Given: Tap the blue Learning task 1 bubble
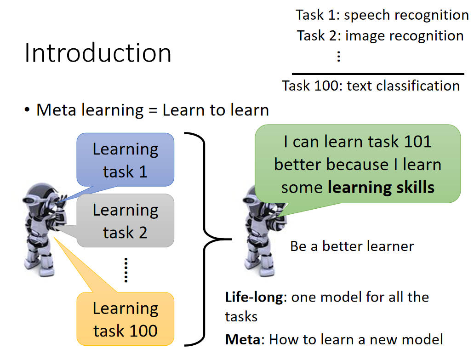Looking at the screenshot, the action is point(126,160).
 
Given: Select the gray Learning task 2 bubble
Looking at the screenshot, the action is point(126,221).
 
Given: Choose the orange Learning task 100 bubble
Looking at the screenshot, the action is point(126,319).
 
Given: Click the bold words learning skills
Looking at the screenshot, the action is point(381,188).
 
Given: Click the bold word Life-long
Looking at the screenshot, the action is point(254,297).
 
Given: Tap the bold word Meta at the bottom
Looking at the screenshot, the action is point(243,339).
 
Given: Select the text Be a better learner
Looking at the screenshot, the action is point(352,246).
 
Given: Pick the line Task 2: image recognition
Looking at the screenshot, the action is point(380,36).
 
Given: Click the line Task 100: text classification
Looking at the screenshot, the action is point(371,86).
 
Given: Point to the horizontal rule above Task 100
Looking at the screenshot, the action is point(378,74).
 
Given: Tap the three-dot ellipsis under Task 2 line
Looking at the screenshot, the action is point(338,56).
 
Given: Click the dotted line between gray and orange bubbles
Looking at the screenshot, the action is point(126,270).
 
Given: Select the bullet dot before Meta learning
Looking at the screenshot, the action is point(27,110).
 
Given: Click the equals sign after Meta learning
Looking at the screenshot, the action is point(153,111).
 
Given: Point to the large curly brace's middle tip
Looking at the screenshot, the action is point(232,239).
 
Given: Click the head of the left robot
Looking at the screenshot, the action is point(39,196).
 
